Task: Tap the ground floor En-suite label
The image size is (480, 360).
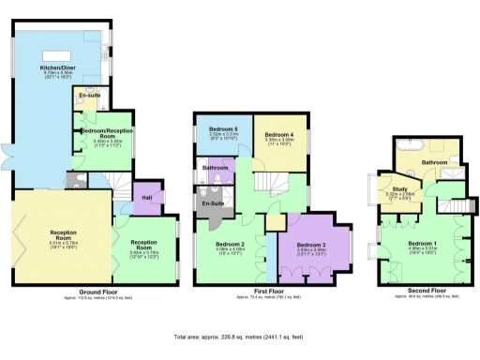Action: tap(90, 96)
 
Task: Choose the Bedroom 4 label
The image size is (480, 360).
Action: tap(278, 134)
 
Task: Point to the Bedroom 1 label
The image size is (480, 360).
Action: tap(421, 244)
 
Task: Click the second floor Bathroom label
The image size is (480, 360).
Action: tap(434, 162)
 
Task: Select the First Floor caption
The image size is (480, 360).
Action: tap(271, 292)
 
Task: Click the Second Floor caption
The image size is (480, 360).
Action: tap(417, 290)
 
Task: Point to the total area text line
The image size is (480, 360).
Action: tap(239, 335)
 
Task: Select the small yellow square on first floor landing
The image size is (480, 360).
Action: tap(274, 221)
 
